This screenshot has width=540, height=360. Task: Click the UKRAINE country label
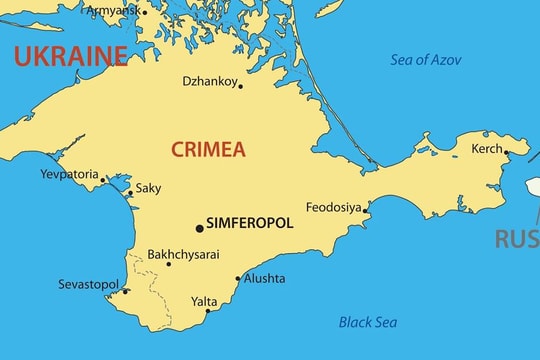coord(70,55)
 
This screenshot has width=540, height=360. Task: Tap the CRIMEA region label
coord(208,150)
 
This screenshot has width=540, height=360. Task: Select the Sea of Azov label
coord(426,60)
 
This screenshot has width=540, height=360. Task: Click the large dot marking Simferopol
coord(199,228)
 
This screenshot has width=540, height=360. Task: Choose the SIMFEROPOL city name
coord(249,224)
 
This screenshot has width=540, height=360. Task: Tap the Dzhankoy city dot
coord(240,86)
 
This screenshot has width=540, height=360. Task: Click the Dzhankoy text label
coord(209,81)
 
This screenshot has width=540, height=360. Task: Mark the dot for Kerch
coord(506,153)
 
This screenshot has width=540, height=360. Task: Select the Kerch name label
coord(487,148)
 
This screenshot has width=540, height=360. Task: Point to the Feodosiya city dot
coord(366,210)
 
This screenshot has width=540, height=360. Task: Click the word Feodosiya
coord(333,207)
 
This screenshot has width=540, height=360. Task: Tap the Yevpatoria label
coord(70,173)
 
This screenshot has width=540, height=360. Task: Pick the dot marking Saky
coord(129,192)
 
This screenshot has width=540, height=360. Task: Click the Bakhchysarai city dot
coord(168,264)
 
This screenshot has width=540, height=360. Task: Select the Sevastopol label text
coord(88,285)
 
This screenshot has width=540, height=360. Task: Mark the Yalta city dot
coord(208,311)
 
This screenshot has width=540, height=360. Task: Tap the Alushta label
coord(264,279)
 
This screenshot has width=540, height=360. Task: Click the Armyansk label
coord(113,10)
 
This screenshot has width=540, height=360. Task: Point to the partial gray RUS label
coord(517,239)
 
